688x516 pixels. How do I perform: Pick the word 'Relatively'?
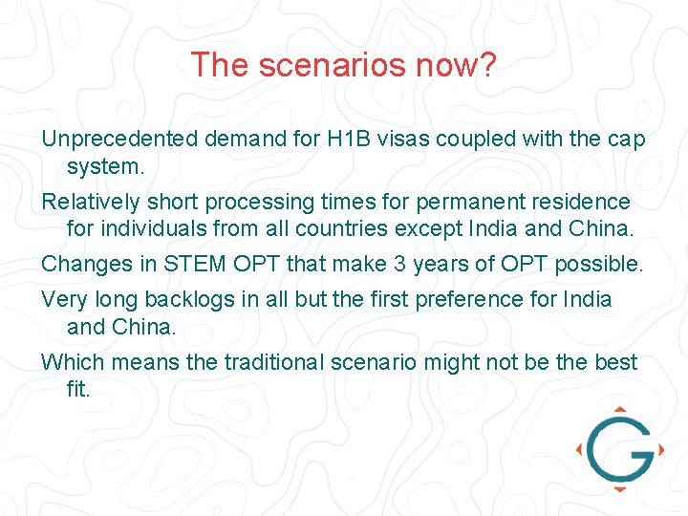(91, 203)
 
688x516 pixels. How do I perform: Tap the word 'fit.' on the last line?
(78, 389)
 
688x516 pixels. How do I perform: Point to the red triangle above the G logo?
(619, 410)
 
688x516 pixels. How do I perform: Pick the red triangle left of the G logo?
(580, 448)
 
